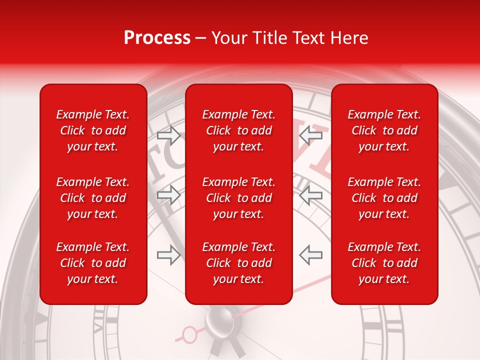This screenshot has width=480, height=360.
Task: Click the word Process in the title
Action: (157, 38)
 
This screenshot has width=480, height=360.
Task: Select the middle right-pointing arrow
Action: (168, 195)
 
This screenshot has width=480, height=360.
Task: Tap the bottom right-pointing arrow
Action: (168, 255)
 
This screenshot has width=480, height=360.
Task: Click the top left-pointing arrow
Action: (310, 135)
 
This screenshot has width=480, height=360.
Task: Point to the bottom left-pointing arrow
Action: (310, 255)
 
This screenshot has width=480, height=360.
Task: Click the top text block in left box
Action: (93, 130)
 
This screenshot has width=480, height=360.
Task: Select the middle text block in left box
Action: (93, 198)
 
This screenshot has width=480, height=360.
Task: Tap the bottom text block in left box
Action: (93, 263)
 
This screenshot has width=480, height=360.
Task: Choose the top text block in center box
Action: (239, 130)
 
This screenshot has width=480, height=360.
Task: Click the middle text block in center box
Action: (239, 198)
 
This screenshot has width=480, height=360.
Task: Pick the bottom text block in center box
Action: (239, 263)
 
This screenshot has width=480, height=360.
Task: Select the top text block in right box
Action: (384, 130)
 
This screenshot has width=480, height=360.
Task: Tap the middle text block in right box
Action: (384, 198)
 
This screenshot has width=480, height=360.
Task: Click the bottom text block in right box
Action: (384, 263)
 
